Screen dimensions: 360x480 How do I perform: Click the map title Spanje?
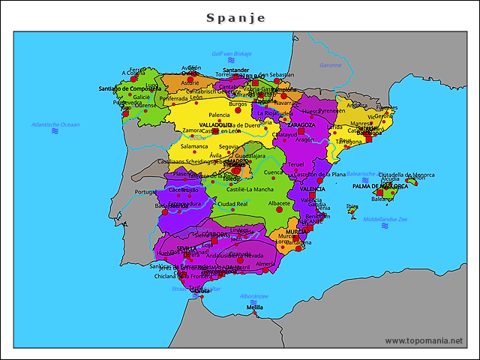click(x=236, y=18)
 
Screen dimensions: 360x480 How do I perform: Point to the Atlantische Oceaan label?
click(x=55, y=124)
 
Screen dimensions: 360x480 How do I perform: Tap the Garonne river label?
click(x=330, y=65)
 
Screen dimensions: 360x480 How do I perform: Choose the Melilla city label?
click(x=255, y=307)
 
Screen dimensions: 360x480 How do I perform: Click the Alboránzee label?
click(x=254, y=296)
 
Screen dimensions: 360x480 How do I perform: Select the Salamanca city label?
click(x=193, y=146)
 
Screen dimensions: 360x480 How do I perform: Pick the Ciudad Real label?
click(x=232, y=203)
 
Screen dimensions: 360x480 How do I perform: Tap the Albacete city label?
click(x=279, y=203)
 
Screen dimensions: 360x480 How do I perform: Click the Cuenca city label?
click(x=273, y=172)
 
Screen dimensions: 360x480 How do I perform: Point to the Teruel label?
click(x=296, y=163)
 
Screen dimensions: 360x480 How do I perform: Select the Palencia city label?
click(x=219, y=115)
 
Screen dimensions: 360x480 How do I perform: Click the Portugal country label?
click(x=145, y=191)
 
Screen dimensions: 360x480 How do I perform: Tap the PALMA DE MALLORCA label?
click(x=380, y=185)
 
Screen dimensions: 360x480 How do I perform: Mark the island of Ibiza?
click(x=352, y=210)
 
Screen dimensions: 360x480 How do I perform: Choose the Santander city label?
click(x=235, y=70)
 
